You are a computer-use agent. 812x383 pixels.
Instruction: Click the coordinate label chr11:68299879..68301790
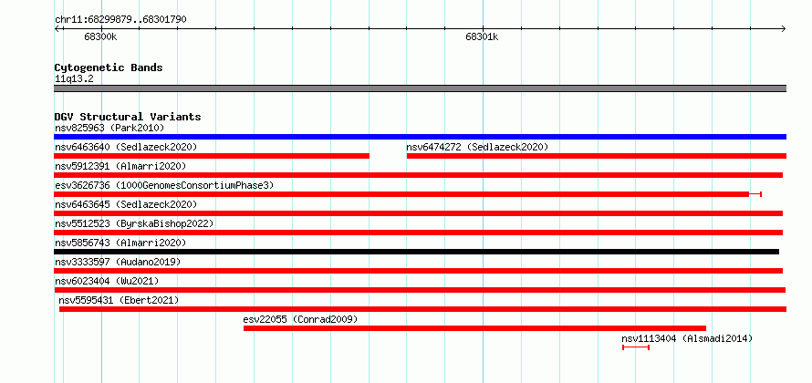click(x=120, y=19)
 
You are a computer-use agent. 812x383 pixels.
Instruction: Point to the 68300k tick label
click(x=101, y=36)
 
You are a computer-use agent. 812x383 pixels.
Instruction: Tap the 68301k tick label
click(x=482, y=36)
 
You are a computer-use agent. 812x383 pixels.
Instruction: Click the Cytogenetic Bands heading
click(x=109, y=67)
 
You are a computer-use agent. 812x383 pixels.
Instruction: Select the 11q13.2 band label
click(x=75, y=78)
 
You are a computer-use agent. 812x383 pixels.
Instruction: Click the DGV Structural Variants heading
click(x=128, y=117)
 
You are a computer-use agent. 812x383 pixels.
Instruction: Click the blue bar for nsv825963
click(x=420, y=137)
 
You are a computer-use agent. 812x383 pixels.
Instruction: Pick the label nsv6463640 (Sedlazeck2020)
click(x=126, y=147)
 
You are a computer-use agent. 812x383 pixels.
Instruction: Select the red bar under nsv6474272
click(x=597, y=156)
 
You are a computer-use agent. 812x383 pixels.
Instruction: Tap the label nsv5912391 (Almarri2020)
click(x=120, y=166)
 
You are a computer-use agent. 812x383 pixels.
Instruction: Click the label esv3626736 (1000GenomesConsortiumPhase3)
click(x=164, y=185)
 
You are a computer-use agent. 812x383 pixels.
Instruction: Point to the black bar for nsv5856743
click(x=416, y=252)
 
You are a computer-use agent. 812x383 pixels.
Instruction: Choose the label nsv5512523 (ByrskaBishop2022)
click(x=134, y=223)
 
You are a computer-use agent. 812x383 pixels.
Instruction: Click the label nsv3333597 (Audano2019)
click(x=118, y=262)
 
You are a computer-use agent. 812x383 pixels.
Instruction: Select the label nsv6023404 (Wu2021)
click(x=107, y=281)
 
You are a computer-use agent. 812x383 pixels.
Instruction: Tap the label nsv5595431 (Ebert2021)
click(x=119, y=300)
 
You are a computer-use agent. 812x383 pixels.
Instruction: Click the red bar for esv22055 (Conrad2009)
click(x=474, y=328)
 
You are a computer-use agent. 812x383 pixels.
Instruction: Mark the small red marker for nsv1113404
click(x=635, y=347)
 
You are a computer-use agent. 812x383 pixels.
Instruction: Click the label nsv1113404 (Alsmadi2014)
click(x=687, y=338)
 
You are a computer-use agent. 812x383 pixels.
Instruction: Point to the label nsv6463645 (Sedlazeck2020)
click(x=126, y=204)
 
